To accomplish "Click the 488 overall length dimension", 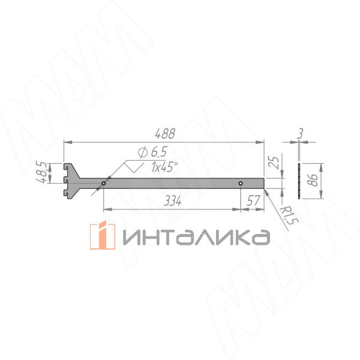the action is [x=165, y=134].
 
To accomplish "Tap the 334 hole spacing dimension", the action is [x=172, y=201].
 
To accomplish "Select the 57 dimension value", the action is [x=253, y=201].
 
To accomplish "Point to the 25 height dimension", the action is [x=275, y=163].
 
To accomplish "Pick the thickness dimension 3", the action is [x=300, y=133].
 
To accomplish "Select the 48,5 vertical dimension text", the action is [x=42, y=172].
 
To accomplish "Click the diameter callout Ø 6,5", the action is [x=152, y=152].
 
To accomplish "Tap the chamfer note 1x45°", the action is [x=164, y=167].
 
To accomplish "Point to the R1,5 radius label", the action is [x=290, y=215].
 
